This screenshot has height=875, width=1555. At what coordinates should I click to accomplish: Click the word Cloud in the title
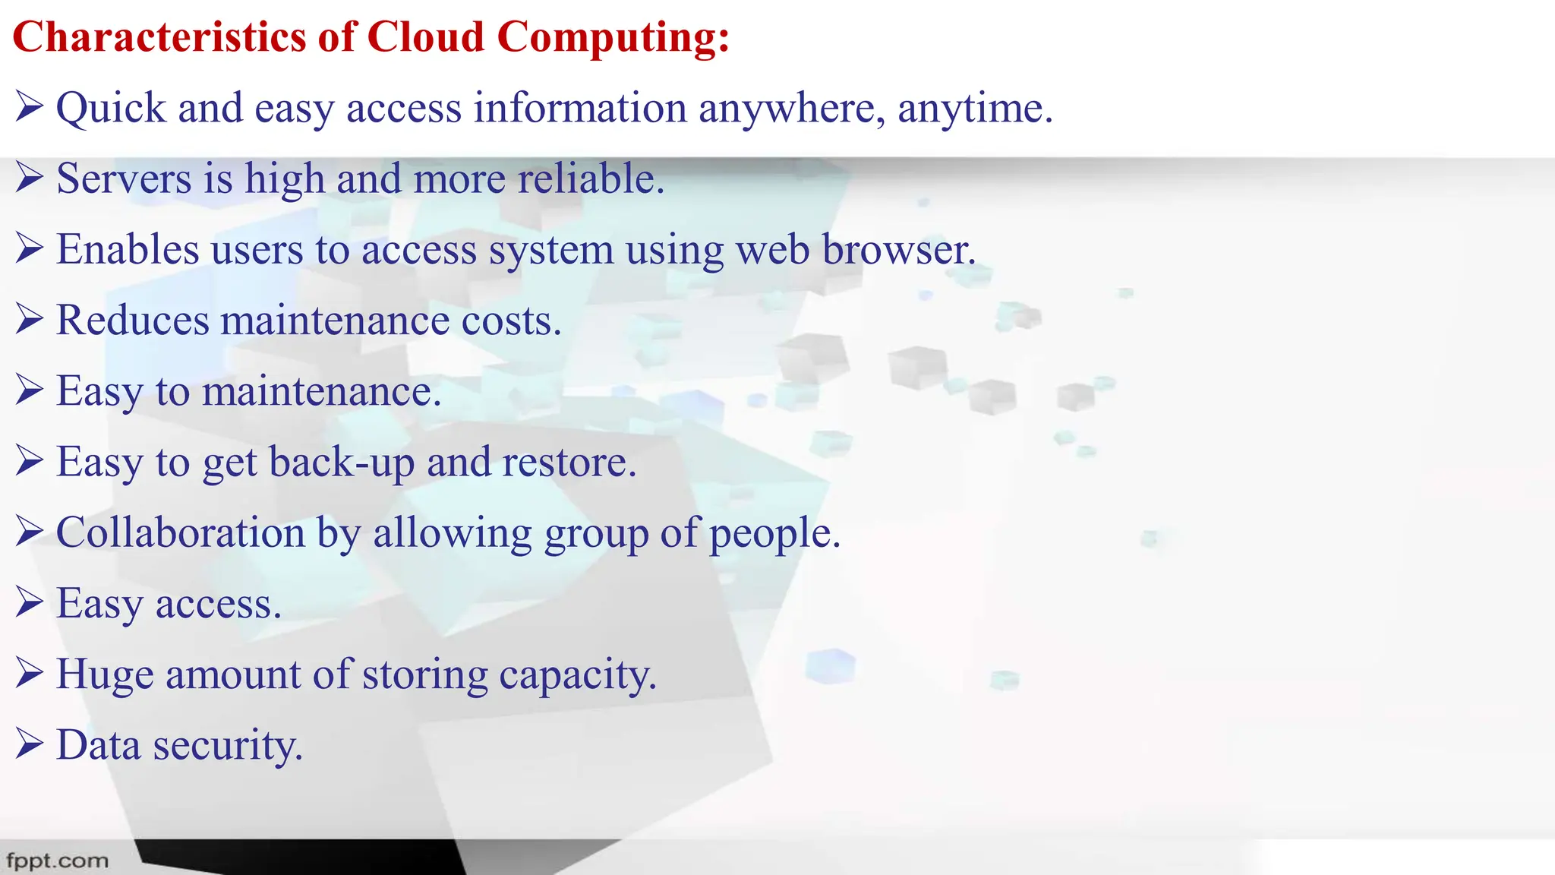click(x=425, y=36)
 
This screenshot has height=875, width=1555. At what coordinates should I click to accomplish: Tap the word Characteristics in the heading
click(x=158, y=36)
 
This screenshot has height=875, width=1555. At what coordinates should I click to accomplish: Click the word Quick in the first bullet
click(x=111, y=108)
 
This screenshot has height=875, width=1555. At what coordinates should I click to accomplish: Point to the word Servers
click(x=124, y=178)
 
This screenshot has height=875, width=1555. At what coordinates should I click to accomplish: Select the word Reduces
click(x=132, y=320)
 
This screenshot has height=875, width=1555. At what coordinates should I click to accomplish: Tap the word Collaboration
click(x=180, y=532)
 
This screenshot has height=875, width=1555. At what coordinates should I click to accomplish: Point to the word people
click(x=774, y=533)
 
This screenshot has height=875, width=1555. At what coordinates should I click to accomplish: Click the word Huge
click(x=105, y=674)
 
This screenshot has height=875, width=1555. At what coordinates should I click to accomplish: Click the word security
click(x=228, y=745)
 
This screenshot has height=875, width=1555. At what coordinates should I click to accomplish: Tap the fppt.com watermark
click(x=57, y=861)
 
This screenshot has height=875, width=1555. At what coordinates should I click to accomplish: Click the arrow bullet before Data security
click(x=29, y=744)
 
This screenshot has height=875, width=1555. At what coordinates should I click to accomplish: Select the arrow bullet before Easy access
click(x=29, y=602)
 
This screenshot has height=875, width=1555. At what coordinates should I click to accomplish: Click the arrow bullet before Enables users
click(x=29, y=248)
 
